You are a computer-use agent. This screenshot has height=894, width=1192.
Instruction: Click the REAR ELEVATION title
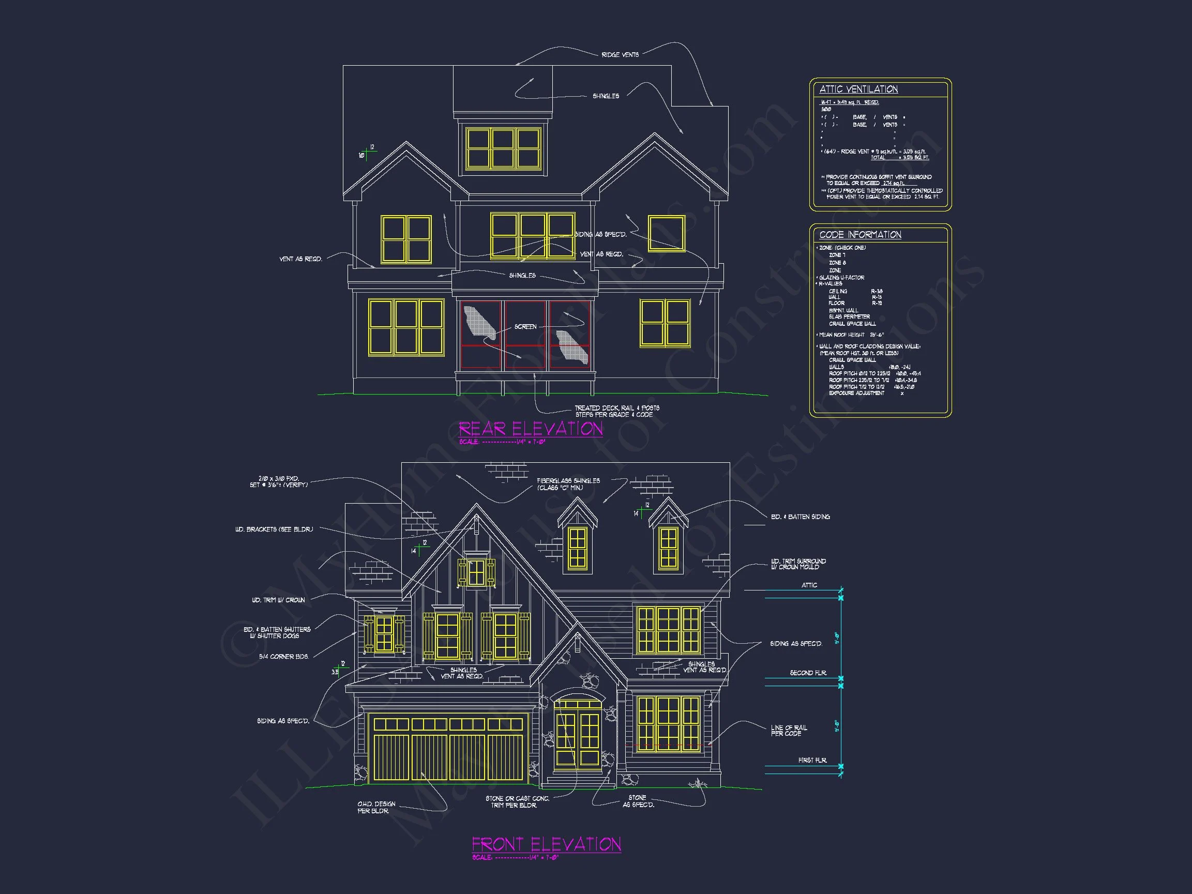[x=530, y=429]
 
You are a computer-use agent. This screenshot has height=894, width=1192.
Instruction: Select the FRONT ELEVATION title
[x=546, y=844]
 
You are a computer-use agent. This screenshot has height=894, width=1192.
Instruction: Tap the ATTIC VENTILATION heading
[x=858, y=89]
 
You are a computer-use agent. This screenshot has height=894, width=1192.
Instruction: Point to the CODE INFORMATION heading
[x=860, y=235]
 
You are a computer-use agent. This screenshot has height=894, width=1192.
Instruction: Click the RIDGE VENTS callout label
[x=620, y=55]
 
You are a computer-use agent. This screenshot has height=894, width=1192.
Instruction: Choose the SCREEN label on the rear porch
[x=525, y=327]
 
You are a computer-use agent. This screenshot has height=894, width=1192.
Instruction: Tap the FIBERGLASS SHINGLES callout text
[x=568, y=484]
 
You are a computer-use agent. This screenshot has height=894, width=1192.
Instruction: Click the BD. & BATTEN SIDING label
[x=799, y=517]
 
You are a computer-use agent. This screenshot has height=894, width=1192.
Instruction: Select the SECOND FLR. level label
[x=808, y=673]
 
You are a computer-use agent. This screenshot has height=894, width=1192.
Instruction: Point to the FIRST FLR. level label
[x=812, y=761]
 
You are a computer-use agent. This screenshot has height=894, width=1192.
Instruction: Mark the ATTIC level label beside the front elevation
[x=809, y=585]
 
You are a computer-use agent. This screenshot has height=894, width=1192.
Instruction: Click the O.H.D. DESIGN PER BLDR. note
[x=376, y=807]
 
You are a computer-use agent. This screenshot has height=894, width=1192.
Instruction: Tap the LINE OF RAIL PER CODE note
[x=789, y=730]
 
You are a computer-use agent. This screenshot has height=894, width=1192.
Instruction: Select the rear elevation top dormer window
[x=503, y=148]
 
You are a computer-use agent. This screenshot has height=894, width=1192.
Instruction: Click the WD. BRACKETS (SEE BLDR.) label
[x=274, y=529]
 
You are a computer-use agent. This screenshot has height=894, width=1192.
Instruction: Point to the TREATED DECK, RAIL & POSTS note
[x=616, y=411]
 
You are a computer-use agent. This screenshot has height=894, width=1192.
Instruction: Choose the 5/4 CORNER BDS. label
[x=283, y=657]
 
